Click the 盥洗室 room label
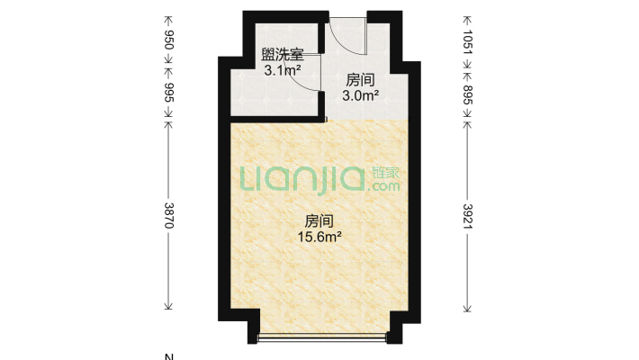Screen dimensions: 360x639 tap(281, 54)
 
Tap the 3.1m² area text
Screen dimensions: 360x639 tap(281, 68)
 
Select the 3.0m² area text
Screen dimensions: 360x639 tap(362, 93)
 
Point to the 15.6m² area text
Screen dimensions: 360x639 tap(319, 237)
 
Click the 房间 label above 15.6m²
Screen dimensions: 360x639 tap(319, 221)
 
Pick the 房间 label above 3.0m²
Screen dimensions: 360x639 tap(362, 78)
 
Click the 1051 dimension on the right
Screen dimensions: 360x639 tap(467, 41)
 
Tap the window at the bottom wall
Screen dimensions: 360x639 tap(322, 339)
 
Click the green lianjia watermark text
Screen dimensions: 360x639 tap(302, 178)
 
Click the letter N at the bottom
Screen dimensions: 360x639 tap(164, 355)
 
